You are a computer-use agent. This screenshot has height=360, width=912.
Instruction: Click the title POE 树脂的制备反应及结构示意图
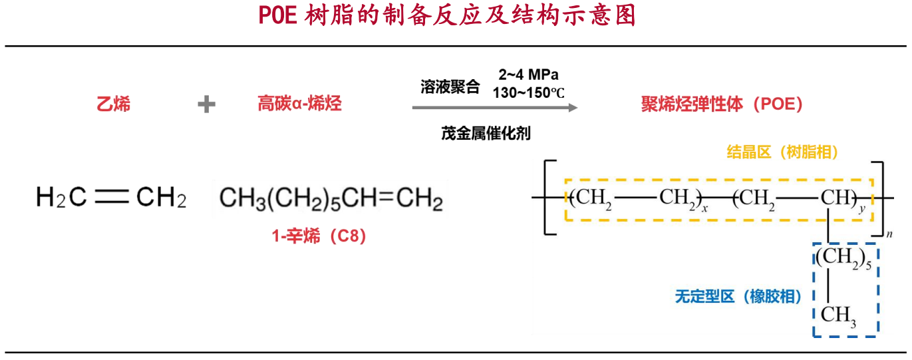tap(447, 16)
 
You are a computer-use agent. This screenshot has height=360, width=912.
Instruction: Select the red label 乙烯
tap(114, 104)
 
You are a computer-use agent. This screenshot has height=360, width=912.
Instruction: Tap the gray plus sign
tap(207, 104)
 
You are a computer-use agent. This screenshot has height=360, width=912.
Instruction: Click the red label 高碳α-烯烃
tap(299, 104)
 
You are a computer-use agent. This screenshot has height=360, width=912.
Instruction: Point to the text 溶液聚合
tap(450, 87)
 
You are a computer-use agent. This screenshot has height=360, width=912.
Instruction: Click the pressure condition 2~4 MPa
tap(528, 74)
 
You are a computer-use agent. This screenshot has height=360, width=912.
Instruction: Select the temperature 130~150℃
tap(528, 92)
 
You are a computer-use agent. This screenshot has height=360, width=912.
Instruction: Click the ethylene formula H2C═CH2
tap(111, 198)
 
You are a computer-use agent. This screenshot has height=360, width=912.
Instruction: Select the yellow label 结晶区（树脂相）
tap(782, 152)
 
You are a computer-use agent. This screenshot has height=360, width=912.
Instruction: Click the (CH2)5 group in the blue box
tap(842, 258)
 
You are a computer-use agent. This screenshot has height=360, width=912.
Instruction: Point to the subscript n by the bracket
tap(889, 234)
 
